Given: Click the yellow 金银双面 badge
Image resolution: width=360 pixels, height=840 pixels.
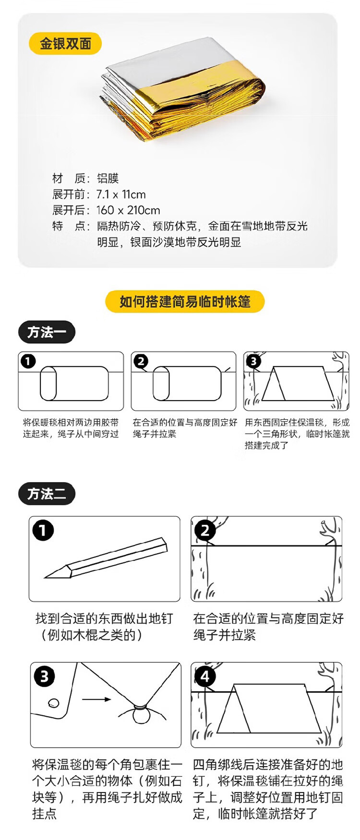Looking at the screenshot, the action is (x=65, y=44).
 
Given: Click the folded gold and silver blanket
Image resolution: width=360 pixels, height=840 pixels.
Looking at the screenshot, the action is (x=182, y=89).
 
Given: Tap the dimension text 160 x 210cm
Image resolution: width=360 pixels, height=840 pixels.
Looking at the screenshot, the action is (x=128, y=210).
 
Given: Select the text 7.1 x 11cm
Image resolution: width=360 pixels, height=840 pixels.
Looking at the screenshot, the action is (x=121, y=195).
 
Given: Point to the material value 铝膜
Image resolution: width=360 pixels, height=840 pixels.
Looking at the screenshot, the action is (x=108, y=179).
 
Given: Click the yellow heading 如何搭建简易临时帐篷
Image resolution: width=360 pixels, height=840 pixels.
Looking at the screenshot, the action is (x=185, y=302).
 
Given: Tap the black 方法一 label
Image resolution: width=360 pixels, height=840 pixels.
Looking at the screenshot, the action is (x=47, y=332).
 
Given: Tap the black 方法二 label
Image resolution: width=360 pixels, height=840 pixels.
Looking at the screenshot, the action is (x=47, y=494).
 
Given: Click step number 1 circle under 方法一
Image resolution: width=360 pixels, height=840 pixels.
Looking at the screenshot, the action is (x=28, y=361).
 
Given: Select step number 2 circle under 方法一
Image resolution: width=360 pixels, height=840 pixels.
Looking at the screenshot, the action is (x=141, y=361).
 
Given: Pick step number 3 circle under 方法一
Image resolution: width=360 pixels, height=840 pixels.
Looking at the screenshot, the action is (x=254, y=361).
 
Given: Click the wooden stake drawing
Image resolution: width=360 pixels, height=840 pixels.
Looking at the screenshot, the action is (x=106, y=558).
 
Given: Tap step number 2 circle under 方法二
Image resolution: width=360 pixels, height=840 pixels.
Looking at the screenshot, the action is (x=205, y=531).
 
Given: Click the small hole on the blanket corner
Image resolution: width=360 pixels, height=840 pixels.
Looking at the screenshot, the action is (x=54, y=703).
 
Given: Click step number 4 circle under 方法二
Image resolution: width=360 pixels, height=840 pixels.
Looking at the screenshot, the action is (x=205, y=677).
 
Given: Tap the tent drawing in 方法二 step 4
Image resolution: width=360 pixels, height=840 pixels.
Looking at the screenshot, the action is (x=269, y=708).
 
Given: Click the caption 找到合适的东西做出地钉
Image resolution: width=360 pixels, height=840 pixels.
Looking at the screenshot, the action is (x=104, y=619).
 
